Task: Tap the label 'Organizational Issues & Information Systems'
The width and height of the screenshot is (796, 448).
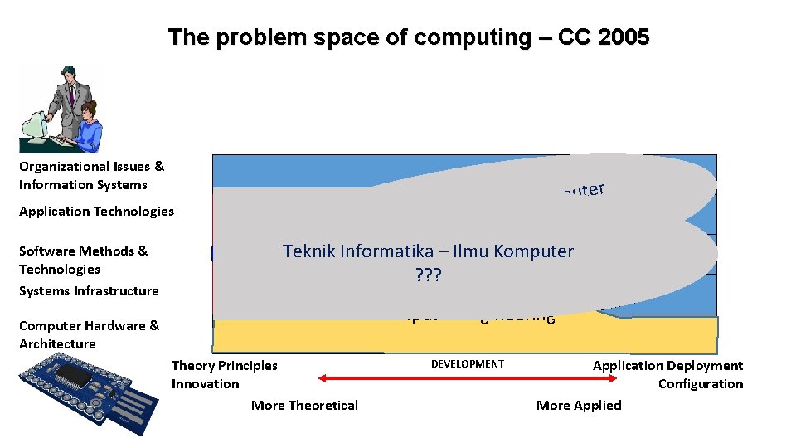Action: coord(91,176)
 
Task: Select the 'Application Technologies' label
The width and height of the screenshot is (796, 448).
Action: coord(96,212)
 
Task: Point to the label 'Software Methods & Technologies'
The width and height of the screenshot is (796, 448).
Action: coord(83,260)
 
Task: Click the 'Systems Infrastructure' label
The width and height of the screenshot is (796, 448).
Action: coord(89,291)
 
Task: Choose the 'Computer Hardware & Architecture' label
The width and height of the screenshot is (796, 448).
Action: coord(89,334)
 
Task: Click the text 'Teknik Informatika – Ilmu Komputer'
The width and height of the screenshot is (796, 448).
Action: coord(428,251)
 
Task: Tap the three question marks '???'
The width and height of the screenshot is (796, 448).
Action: coord(428,274)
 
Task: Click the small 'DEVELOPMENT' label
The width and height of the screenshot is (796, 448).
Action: coord(467,364)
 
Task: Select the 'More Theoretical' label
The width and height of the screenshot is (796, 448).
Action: coord(304,406)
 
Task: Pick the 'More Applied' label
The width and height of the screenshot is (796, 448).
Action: coord(579,406)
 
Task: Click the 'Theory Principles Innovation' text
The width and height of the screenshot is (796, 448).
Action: coord(224,374)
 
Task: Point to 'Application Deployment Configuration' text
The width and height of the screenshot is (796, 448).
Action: coord(668,374)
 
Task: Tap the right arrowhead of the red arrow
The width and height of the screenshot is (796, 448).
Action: coord(614,378)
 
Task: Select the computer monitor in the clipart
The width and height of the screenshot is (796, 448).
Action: coord(34,129)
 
